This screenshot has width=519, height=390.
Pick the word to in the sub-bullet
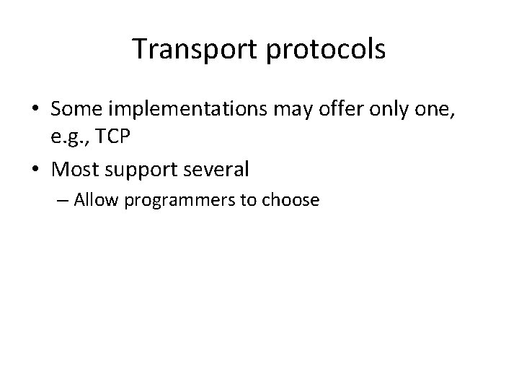tap(249, 200)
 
